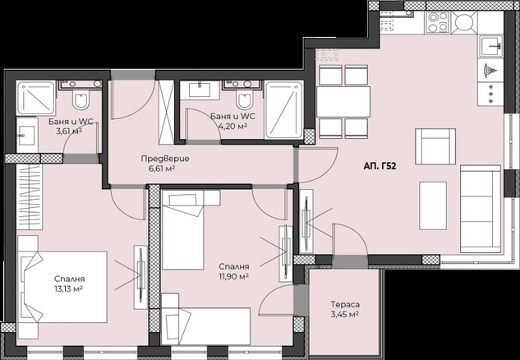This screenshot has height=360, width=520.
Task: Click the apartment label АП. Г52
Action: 380,166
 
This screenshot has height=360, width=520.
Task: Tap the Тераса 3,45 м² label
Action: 345,309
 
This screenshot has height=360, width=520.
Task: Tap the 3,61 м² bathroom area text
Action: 69,132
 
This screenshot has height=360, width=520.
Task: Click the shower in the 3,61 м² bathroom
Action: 35,98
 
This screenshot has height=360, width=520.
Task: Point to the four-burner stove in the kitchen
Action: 438,22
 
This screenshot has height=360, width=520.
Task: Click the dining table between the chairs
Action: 343,102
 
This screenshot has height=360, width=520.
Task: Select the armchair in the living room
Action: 435,146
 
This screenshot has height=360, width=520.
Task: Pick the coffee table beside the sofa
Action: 433,205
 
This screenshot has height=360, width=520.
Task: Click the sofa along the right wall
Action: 481,209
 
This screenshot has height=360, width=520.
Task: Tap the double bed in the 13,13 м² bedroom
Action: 62,287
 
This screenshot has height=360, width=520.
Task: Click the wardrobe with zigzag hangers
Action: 30,196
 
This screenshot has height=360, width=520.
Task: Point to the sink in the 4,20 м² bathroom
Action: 200,90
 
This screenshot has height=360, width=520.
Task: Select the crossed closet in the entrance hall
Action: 167,112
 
